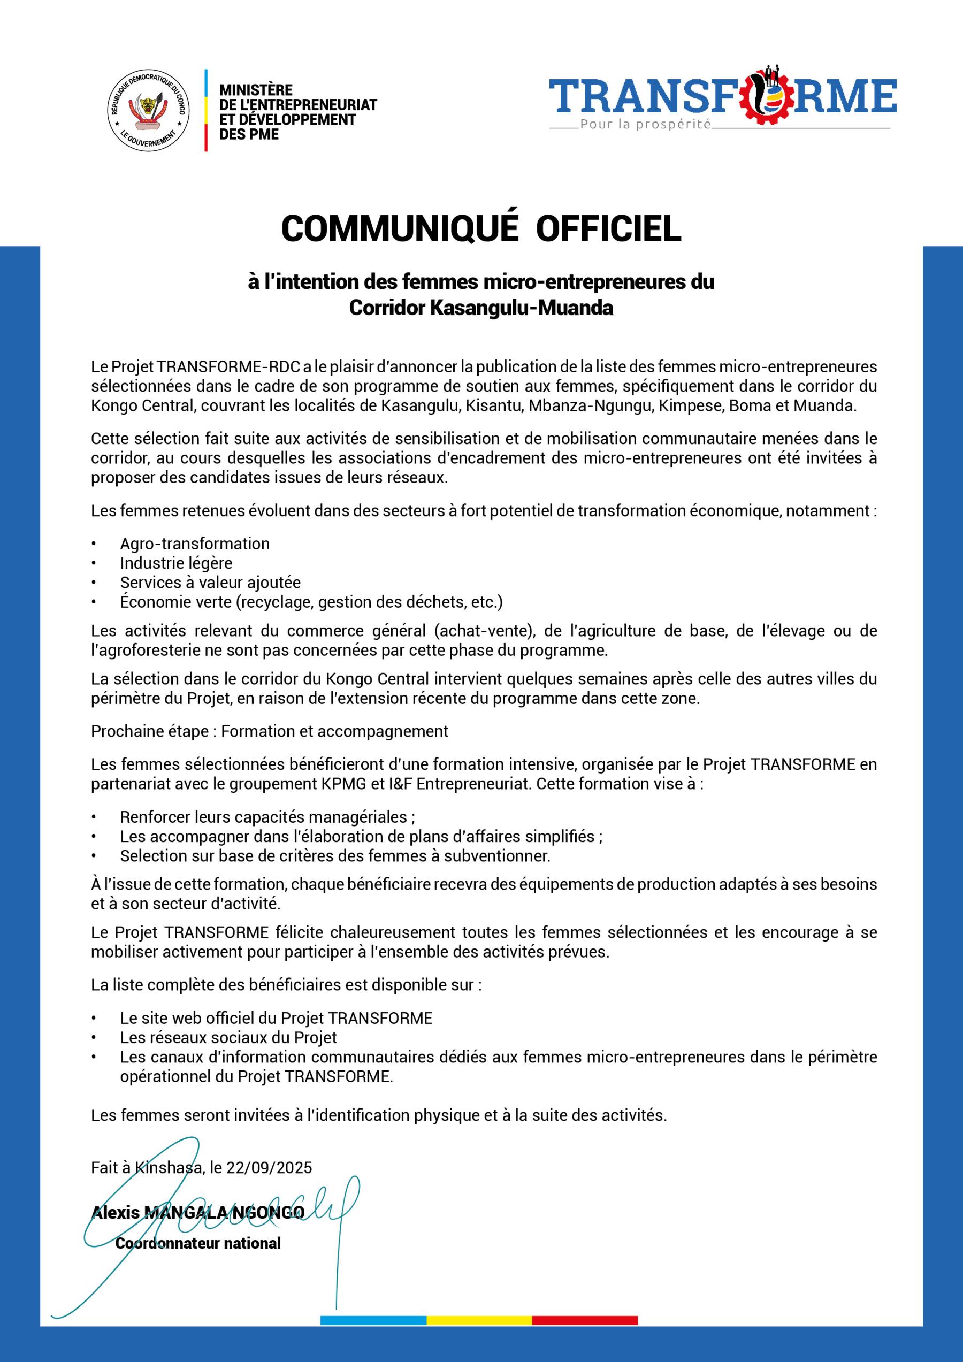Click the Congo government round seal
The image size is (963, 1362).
[148, 110]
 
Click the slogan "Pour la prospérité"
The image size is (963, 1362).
[645, 125]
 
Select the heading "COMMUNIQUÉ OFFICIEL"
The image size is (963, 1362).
[480, 228]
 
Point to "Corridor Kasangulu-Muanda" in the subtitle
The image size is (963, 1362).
[480, 308]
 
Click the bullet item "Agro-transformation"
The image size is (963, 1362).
[195, 544]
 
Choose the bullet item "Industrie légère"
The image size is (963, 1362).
[176, 563]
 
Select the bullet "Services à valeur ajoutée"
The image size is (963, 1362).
[210, 583]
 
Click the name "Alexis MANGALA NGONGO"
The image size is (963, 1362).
[197, 1213]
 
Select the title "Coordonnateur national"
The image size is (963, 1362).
[197, 1243]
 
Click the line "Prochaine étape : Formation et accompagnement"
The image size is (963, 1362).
[270, 731]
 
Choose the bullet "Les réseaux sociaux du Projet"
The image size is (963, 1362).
[228, 1037]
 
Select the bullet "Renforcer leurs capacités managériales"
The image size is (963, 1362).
[267, 817]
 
